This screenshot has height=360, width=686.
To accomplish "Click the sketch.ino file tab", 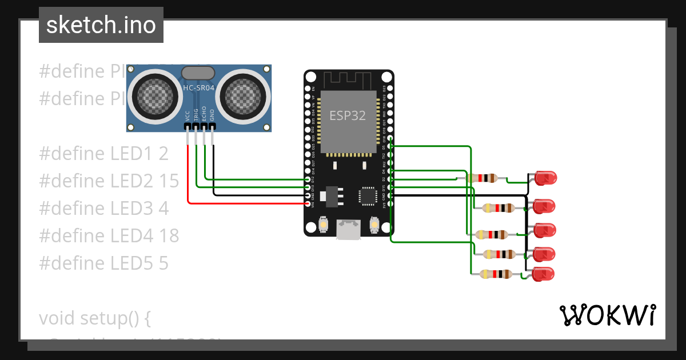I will pos(101,25).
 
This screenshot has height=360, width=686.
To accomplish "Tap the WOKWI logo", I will pos(607,315).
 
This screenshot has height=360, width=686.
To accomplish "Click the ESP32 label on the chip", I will pos(347,115).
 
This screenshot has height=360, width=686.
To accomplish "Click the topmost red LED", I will pos(545,178).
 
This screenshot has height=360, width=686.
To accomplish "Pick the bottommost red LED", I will pos(544,274).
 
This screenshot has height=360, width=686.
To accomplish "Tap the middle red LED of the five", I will pos(544,230).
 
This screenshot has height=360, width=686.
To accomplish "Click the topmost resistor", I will pos(482,178).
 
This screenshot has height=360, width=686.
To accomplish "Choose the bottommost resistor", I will pos(496,274).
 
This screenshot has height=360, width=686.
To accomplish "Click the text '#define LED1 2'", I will pos(104,153).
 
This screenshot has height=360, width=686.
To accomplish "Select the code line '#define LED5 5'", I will pos(104,263).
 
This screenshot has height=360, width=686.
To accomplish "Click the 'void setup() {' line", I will pos(95,318).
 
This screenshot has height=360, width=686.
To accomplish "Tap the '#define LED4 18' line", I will pos(109,235).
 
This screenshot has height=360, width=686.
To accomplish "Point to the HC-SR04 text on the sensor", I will pos(198,87).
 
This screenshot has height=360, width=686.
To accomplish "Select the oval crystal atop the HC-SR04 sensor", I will pos(198,73).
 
